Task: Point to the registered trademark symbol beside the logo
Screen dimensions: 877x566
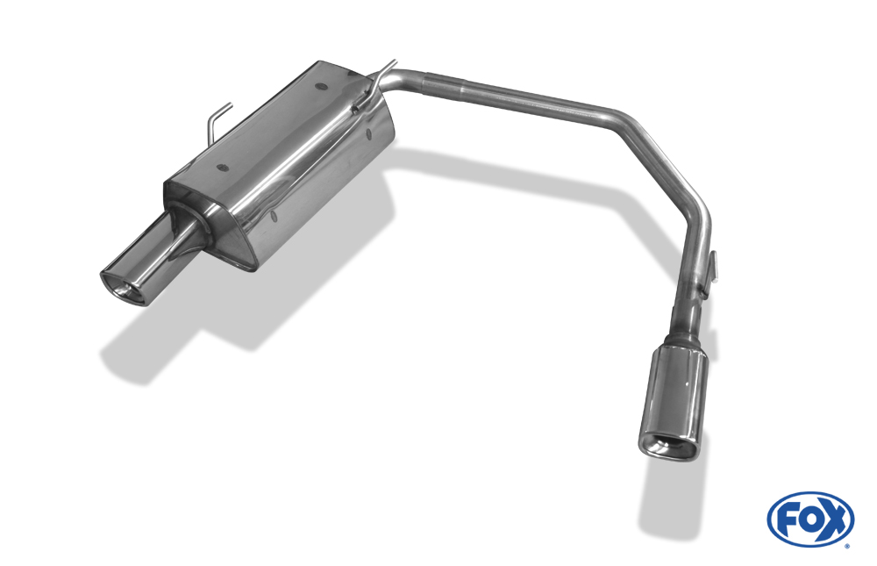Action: (x=848, y=547)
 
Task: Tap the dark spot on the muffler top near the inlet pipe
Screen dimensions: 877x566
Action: (x=321, y=87)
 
